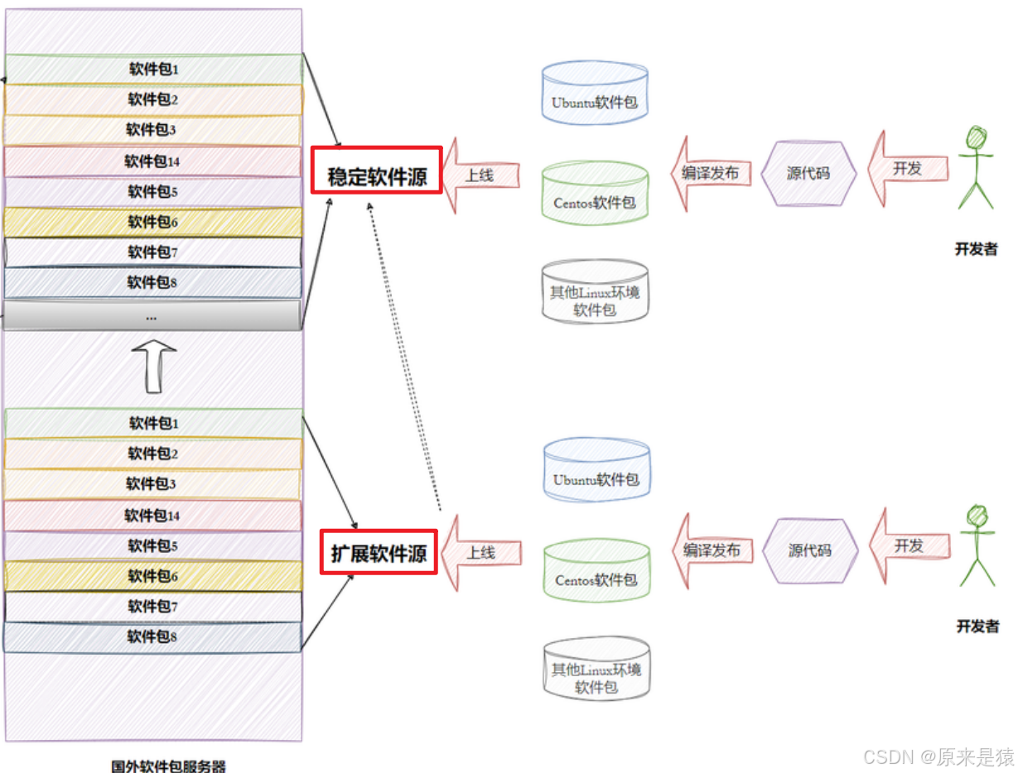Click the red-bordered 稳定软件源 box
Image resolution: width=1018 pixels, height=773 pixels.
[x=376, y=170]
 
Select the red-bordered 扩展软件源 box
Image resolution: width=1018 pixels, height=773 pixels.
[x=379, y=551]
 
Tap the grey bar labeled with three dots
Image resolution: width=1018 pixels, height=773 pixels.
[x=152, y=315]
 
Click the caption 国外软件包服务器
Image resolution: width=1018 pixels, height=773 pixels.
[x=168, y=765]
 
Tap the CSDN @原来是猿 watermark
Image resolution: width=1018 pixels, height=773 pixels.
[x=938, y=756]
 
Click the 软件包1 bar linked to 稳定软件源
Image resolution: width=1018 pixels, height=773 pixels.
[x=153, y=69]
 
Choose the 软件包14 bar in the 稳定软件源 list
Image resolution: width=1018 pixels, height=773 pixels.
[x=152, y=161]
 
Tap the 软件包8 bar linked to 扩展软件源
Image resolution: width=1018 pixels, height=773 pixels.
[x=152, y=636]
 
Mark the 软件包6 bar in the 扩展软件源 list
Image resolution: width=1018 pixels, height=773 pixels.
[x=152, y=576]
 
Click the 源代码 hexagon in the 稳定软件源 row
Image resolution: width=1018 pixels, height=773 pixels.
[x=808, y=174]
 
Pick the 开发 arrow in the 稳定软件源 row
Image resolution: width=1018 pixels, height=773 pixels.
[x=907, y=169]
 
